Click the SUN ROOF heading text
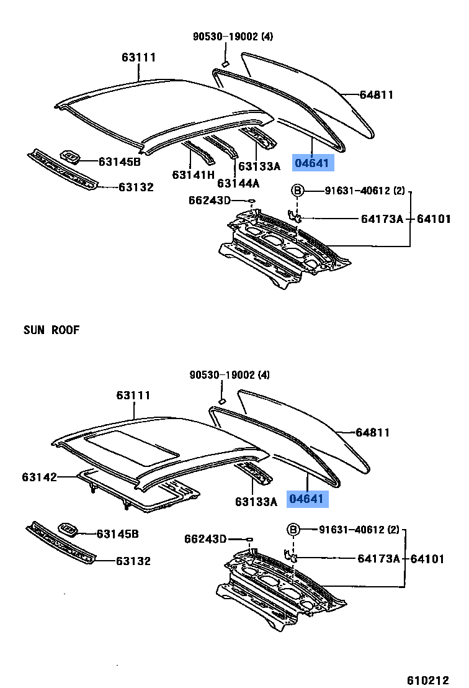pos(51,330)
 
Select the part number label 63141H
pos(193,174)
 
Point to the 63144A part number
pos(238,183)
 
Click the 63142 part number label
pos(39,477)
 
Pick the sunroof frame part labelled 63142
pos(140,491)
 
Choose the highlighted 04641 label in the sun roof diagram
pos(305,499)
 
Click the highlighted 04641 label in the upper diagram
pos(314,163)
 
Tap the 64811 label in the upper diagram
pos(377,95)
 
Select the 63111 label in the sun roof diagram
pos(133,396)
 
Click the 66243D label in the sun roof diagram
pos(205,538)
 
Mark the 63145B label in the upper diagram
pos(120,162)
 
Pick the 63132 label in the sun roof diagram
pos(133,561)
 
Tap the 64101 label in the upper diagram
pos(433,219)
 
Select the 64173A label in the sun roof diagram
pos(378,559)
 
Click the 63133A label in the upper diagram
pos(259,166)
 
